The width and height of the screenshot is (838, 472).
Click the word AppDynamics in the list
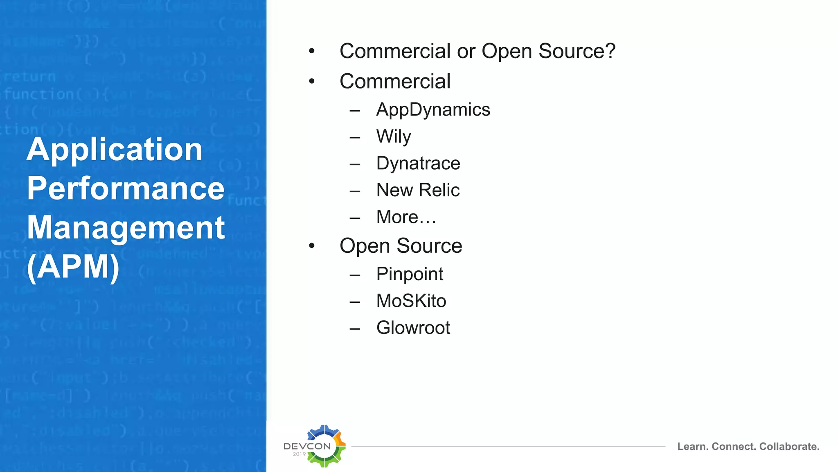click(433, 110)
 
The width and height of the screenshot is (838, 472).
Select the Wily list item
click(393, 136)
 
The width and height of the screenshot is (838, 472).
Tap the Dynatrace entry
click(418, 163)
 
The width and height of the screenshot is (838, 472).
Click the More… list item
click(406, 217)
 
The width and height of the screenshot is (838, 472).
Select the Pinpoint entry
click(410, 274)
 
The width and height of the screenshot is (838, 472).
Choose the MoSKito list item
click(411, 301)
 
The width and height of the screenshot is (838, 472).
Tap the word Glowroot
click(413, 328)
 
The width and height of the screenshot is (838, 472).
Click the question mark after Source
click(610, 51)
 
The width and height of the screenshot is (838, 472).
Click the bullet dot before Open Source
click(312, 246)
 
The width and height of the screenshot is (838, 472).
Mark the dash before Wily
click(355, 137)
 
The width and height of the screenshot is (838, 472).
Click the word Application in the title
click(115, 150)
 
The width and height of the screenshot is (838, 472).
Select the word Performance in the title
click(126, 188)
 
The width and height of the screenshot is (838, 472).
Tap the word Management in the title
click(126, 228)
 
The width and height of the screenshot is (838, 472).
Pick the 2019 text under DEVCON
click(299, 454)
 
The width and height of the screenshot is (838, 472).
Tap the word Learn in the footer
click(692, 447)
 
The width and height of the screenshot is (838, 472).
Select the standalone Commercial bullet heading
click(395, 81)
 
